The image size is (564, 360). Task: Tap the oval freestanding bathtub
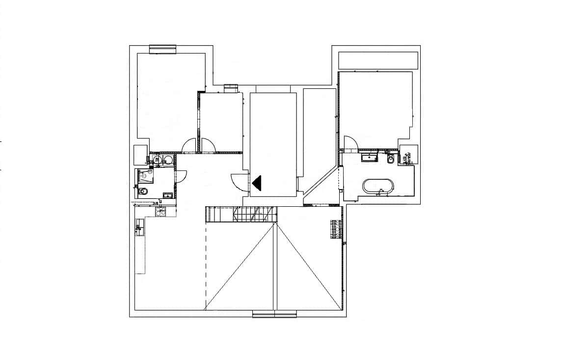click(377, 186)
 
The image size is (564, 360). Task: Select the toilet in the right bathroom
click(391, 159)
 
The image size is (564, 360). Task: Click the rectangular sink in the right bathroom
click(368, 158)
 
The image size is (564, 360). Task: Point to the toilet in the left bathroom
click(143, 192)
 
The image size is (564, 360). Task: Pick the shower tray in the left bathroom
click(145, 175)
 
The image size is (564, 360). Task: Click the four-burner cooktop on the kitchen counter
click(161, 211)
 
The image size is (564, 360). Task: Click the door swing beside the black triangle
click(239, 182)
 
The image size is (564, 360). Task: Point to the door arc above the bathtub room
click(350, 143)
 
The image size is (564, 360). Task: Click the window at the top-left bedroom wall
click(162, 48)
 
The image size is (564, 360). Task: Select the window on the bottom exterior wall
click(274, 314)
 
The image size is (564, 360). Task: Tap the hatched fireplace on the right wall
click(336, 229)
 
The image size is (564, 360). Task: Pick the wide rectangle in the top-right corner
click(378, 60)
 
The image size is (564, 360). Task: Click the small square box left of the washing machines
click(141, 154)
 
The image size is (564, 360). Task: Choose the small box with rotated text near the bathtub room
click(408, 155)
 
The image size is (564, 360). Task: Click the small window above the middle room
click(231, 88)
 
